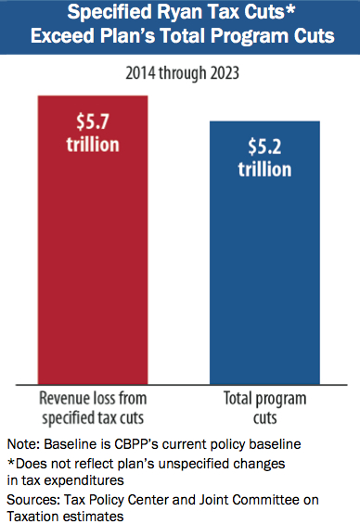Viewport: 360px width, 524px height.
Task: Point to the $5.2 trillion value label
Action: [x=264, y=158]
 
